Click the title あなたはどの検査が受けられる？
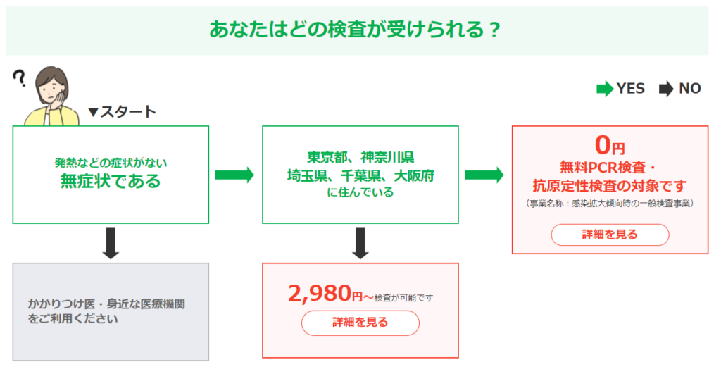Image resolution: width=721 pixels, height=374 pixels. pyautogui.click(x=354, y=30)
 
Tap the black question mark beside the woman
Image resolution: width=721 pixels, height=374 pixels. pyautogui.click(x=19, y=78)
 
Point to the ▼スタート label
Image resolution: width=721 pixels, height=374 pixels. pyautogui.click(x=122, y=112)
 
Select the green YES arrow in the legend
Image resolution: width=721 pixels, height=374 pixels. pyautogui.click(x=605, y=89)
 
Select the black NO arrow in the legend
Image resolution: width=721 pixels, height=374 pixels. pyautogui.click(x=666, y=89)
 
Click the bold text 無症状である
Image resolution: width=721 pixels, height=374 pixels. pyautogui.click(x=111, y=181)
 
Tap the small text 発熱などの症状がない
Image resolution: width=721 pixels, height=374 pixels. pyautogui.click(x=111, y=163)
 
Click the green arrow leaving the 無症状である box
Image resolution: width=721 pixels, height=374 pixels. pyautogui.click(x=234, y=175)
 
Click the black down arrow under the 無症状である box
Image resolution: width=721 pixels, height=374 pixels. pyautogui.click(x=111, y=243)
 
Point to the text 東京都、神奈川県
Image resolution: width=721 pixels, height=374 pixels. pyautogui.click(x=360, y=157)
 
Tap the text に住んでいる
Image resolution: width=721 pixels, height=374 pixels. pyautogui.click(x=360, y=192)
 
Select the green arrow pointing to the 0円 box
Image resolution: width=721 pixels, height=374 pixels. pyautogui.click(x=484, y=175)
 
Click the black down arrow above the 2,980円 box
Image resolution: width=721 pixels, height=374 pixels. pyautogui.click(x=360, y=243)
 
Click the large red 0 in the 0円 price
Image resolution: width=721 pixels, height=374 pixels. pyautogui.click(x=603, y=145)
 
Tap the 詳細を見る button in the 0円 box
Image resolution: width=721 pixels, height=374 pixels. pyautogui.click(x=610, y=235)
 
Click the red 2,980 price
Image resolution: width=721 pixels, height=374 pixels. pyautogui.click(x=320, y=293)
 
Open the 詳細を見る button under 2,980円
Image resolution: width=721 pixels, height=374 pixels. pyautogui.click(x=360, y=323)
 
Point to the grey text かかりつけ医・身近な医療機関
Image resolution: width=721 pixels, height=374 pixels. pyautogui.click(x=106, y=304)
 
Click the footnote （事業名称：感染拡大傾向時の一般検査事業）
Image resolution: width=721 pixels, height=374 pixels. pyautogui.click(x=610, y=204)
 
